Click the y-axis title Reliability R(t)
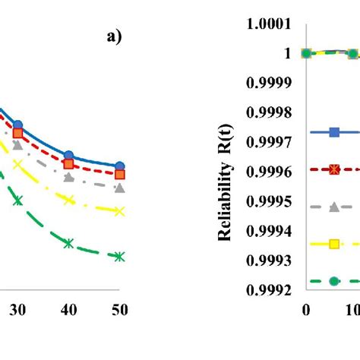tap(226, 172)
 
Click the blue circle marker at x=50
tap(119, 166)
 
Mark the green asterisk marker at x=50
tap(119, 257)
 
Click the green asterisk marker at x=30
tap(18, 201)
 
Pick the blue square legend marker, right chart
tap(333, 132)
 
